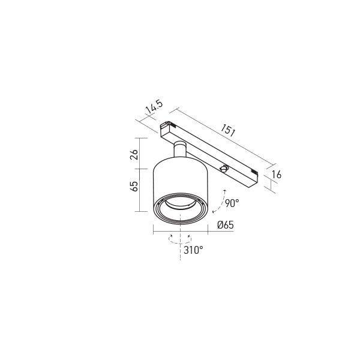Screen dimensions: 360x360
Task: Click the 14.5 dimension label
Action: [x=154, y=107]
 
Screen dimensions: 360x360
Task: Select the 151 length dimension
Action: [x=228, y=130]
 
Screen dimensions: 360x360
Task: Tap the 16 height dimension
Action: [x=277, y=175]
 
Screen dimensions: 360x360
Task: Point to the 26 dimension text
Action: [x=134, y=154]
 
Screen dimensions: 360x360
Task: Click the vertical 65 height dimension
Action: [x=134, y=186]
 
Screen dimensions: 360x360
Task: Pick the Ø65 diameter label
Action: [x=226, y=225]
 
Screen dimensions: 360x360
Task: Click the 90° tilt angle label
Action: [x=232, y=203]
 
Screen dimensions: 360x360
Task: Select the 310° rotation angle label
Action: [x=193, y=250]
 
